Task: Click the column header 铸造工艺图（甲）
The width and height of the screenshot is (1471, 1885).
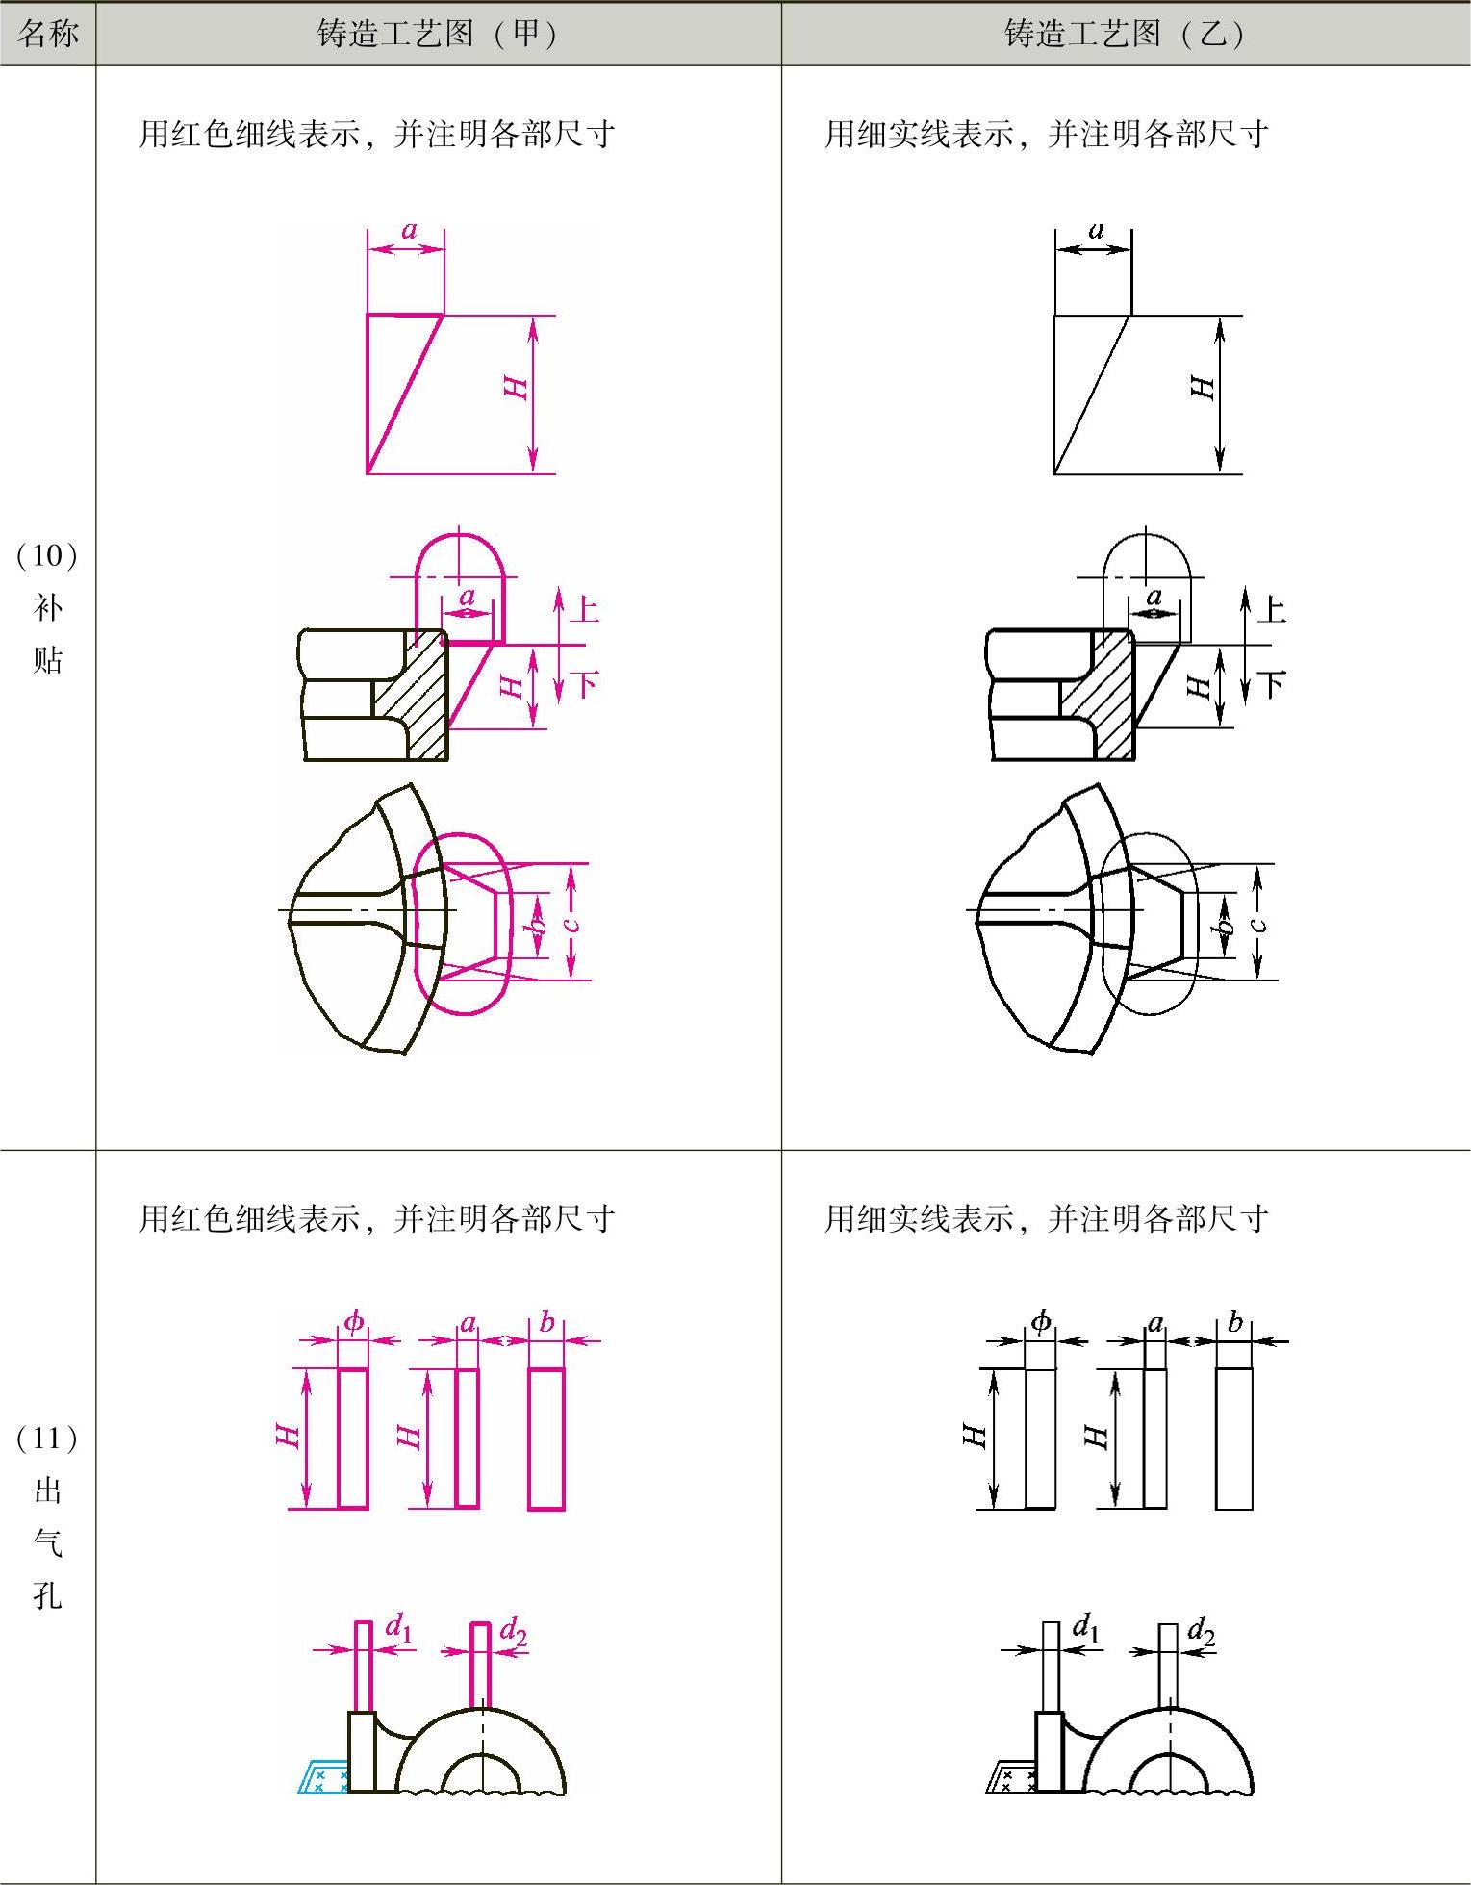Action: click(438, 35)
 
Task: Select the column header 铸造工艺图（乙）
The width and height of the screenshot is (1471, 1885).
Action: click(1125, 35)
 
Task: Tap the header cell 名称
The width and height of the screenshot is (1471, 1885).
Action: click(47, 35)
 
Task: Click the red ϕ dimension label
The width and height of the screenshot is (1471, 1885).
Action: click(354, 1322)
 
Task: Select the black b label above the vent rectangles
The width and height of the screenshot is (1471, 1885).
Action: click(1235, 1322)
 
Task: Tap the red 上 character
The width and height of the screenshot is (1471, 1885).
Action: click(585, 609)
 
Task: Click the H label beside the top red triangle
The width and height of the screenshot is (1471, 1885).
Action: click(517, 388)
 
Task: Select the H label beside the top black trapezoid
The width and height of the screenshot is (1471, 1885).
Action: click(1204, 388)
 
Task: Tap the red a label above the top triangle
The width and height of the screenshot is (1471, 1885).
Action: click(409, 231)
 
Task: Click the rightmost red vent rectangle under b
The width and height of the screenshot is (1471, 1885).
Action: click(546, 1439)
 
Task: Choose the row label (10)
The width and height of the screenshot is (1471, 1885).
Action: click(47, 555)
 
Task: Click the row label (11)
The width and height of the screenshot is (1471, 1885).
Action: click(47, 1439)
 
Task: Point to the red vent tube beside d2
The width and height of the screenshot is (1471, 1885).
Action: click(481, 1665)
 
